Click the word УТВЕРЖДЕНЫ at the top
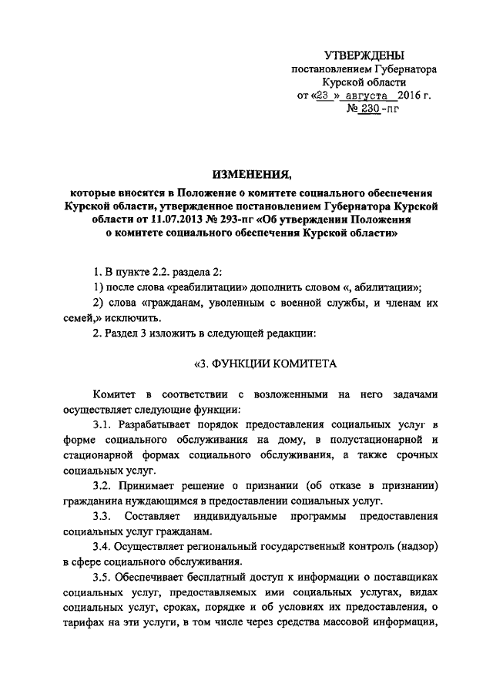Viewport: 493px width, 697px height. pos(365,55)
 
